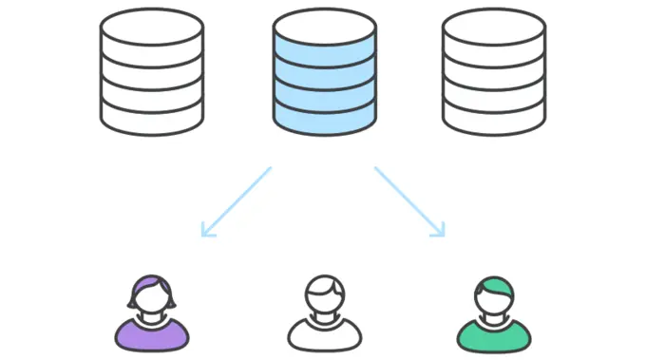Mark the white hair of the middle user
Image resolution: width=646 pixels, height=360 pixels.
pos(323,284)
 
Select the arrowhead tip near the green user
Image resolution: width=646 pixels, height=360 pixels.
pos(443,234)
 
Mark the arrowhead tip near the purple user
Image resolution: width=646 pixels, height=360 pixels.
pos(203,234)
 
